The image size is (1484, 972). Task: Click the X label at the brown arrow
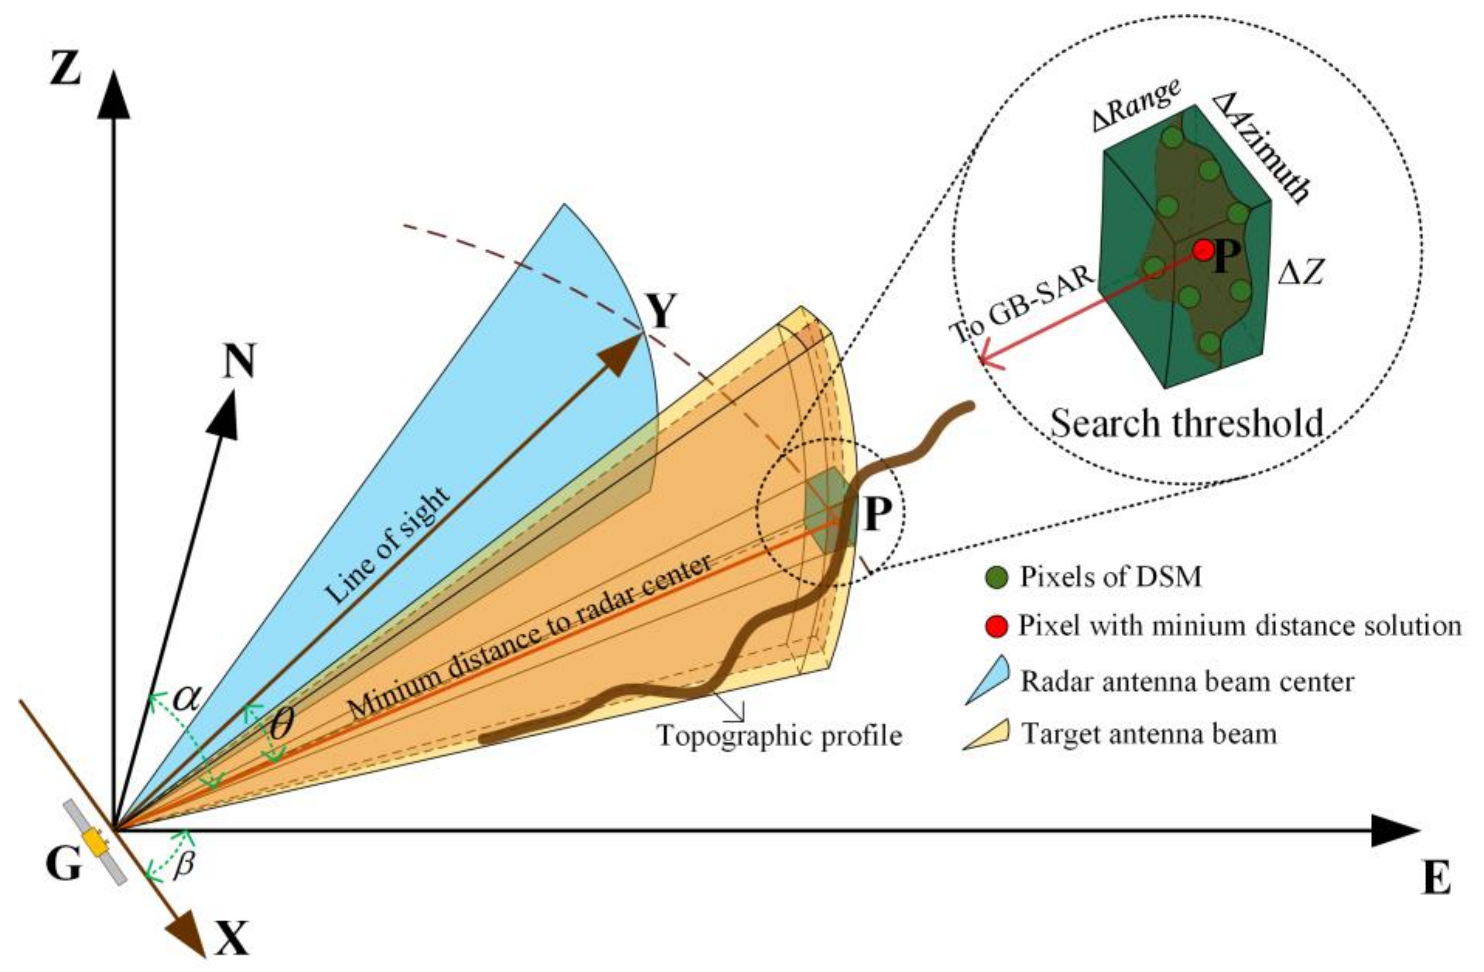[x=232, y=939]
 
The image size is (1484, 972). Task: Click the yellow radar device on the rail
[x=96, y=843]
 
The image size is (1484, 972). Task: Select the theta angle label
[x=281, y=724]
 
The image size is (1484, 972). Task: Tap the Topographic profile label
[x=780, y=736]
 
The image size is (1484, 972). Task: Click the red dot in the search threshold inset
[x=1203, y=250]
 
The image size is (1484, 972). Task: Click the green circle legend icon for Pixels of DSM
[x=996, y=577]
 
